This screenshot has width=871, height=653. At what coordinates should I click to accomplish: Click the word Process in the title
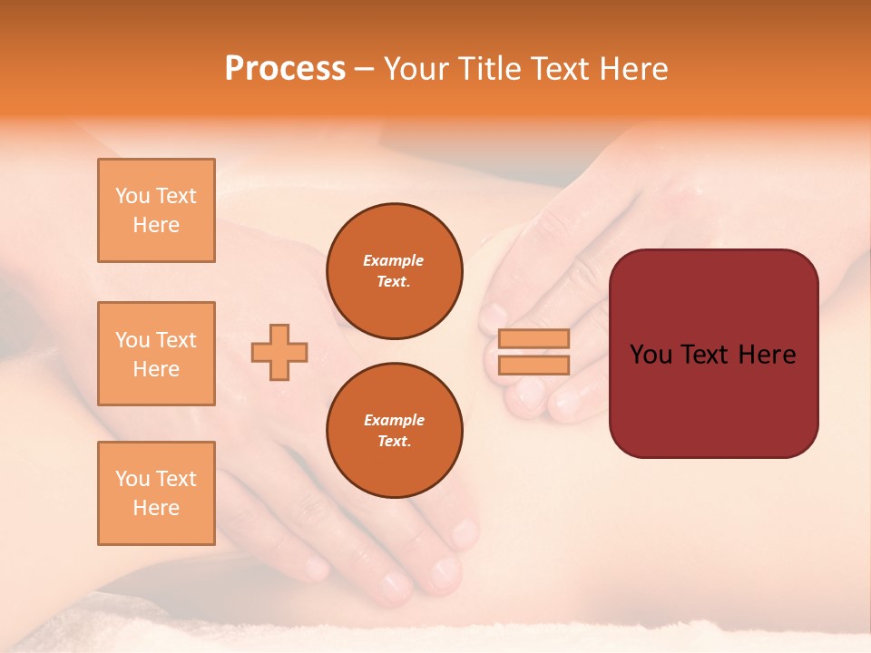[285, 69]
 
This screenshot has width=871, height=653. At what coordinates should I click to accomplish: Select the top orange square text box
[156, 210]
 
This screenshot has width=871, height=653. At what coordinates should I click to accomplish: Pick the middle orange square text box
[156, 354]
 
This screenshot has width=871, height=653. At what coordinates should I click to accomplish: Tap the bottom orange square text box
[156, 493]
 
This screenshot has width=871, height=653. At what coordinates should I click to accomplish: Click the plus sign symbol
[279, 353]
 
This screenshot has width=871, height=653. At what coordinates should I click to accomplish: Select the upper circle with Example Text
[394, 271]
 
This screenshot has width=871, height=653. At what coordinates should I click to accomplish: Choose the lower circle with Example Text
[394, 431]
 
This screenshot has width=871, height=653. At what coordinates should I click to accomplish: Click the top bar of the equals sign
[533, 338]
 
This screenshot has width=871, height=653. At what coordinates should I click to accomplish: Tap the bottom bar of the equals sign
[533, 365]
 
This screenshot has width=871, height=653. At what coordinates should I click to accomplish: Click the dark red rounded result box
[713, 354]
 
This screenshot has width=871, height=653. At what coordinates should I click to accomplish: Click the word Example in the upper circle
[394, 260]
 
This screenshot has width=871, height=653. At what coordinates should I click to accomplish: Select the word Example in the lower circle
[394, 420]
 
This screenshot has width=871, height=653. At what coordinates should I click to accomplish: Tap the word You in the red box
[650, 355]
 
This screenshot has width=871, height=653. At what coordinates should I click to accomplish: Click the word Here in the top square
[156, 225]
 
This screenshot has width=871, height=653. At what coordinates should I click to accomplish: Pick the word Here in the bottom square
[156, 508]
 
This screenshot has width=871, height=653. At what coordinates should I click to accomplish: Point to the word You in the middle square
[132, 340]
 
